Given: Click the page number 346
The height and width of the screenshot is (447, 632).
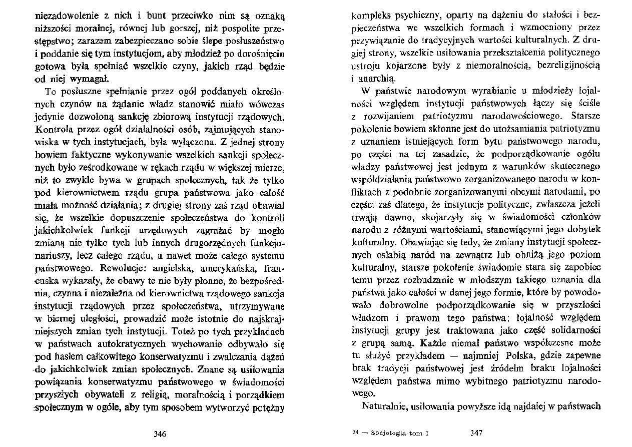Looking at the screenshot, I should (x=159, y=433).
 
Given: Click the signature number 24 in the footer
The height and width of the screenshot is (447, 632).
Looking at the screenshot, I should (x=355, y=433).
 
